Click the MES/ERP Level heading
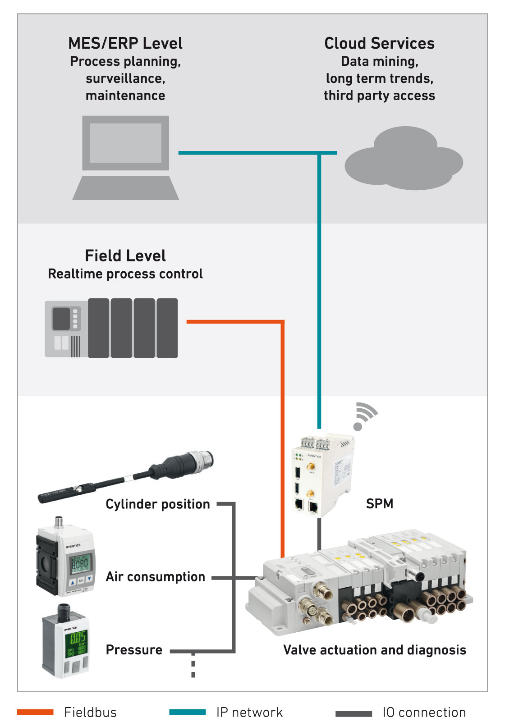point(125,43)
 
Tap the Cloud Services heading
point(379,43)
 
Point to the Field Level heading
point(125,256)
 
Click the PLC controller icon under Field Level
point(111,328)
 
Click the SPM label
point(379,503)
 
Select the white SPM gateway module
point(321,475)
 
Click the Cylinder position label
point(158,504)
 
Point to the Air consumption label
point(156,577)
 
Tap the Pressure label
point(134,650)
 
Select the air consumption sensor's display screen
point(80,564)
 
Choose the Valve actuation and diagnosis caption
point(374,650)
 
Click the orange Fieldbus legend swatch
point(35,712)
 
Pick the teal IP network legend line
point(188,712)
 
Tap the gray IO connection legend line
point(353,713)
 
